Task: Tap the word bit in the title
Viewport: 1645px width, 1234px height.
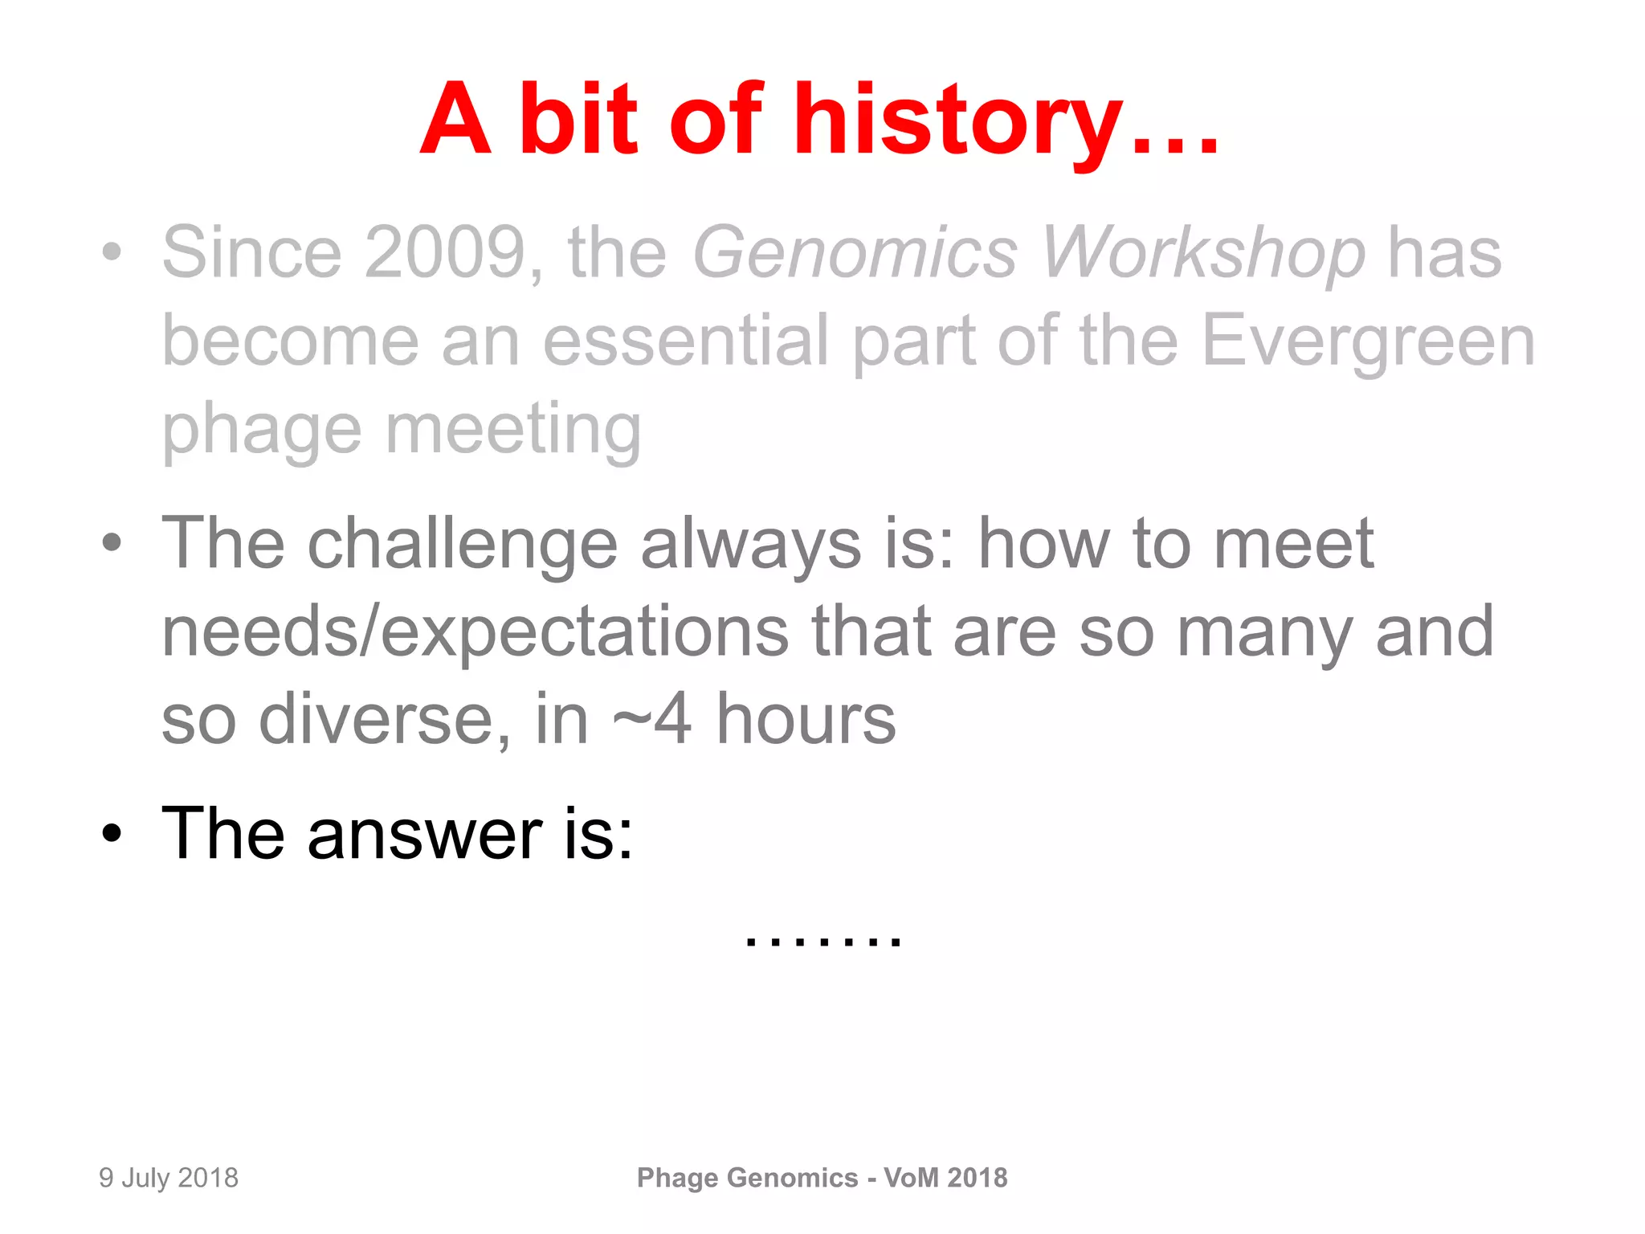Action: [x=578, y=121]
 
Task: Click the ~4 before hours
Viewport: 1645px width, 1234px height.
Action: [x=651, y=719]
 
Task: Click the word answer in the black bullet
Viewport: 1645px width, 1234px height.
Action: [x=425, y=834]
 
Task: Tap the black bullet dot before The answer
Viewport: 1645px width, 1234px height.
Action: [x=112, y=834]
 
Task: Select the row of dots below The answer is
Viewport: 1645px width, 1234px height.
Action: [x=823, y=941]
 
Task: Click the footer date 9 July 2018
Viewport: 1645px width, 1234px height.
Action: [x=169, y=1178]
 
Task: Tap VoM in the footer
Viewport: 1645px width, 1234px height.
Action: [x=911, y=1178]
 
